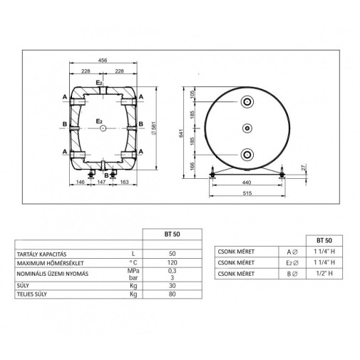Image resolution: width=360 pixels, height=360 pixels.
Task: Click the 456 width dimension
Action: click(103, 61)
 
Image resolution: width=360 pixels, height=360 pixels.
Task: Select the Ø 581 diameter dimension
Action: click(154, 128)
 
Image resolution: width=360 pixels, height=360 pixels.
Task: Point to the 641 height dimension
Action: click(182, 133)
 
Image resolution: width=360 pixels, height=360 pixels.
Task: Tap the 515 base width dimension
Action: click(247, 193)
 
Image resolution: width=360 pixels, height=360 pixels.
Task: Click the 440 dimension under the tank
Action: click(247, 182)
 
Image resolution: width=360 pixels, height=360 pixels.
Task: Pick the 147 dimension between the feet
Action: click(101, 182)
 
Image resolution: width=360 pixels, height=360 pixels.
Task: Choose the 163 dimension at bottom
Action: click(124, 182)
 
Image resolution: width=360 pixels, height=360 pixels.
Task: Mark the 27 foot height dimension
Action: click(303, 167)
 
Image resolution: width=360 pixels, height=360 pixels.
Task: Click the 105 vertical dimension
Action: click(192, 94)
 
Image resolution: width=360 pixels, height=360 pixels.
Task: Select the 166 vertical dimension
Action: click(192, 167)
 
